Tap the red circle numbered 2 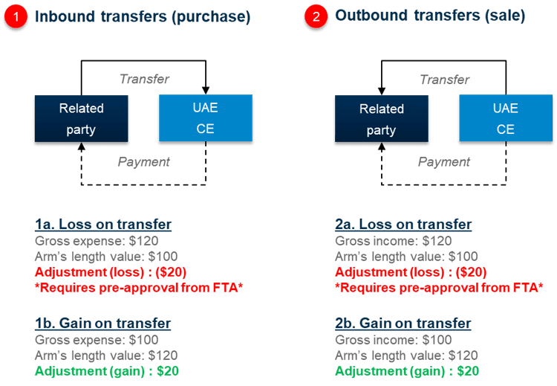[316, 17]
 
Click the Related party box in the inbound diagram [82, 119]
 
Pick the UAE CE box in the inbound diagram [205, 119]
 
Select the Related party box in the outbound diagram [382, 119]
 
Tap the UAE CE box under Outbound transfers [505, 119]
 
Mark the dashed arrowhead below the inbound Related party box [81, 148]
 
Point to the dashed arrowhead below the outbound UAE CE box [506, 148]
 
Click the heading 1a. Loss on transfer [103, 225]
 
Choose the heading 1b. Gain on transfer [103, 324]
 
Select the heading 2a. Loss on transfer [403, 225]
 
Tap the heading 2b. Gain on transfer [403, 324]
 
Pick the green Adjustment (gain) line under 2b [407, 370]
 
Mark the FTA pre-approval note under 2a [439, 287]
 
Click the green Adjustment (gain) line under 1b [107, 370]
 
